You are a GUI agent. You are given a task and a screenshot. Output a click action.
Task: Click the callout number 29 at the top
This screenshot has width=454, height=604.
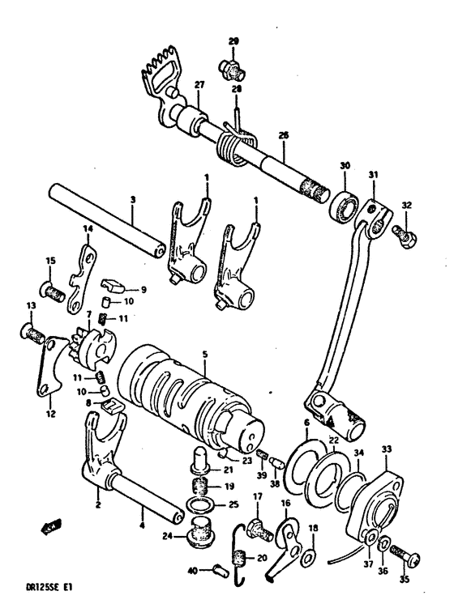click(x=233, y=41)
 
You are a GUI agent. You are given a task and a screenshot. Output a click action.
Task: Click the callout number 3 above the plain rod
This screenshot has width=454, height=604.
click(x=133, y=198)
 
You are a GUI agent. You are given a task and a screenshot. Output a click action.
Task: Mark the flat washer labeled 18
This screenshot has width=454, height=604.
click(x=309, y=558)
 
